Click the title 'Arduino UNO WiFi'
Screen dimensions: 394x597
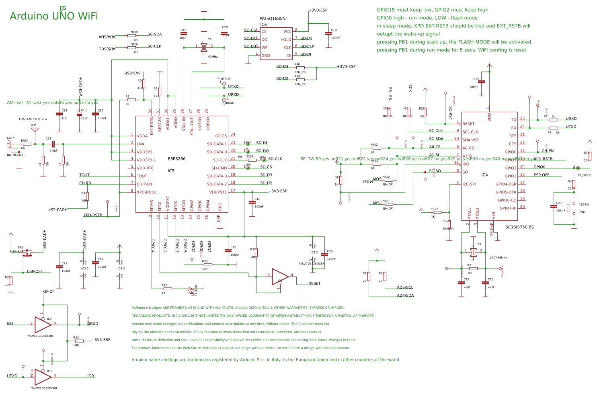coord(54,16)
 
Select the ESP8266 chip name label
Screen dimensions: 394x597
coord(176,159)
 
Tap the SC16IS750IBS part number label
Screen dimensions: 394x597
coord(519,227)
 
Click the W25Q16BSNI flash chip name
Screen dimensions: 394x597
coord(273,18)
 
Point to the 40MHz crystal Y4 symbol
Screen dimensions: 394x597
coord(204,47)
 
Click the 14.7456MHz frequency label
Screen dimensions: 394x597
coord(498,258)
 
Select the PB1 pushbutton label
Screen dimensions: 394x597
coord(583,212)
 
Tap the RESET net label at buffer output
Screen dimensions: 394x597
coord(314,283)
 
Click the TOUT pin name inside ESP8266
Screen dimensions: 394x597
coord(142,176)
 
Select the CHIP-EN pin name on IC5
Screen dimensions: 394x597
coord(144,184)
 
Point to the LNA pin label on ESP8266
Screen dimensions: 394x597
coord(140,144)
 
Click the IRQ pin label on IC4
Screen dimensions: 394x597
coord(466,164)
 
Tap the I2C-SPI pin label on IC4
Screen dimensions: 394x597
coord(469,184)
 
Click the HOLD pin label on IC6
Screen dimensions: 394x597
coord(286,39)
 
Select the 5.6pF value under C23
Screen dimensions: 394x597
coord(53,150)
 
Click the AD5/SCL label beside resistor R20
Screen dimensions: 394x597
coord(405,287)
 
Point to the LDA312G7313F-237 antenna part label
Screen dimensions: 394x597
coord(33,119)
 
